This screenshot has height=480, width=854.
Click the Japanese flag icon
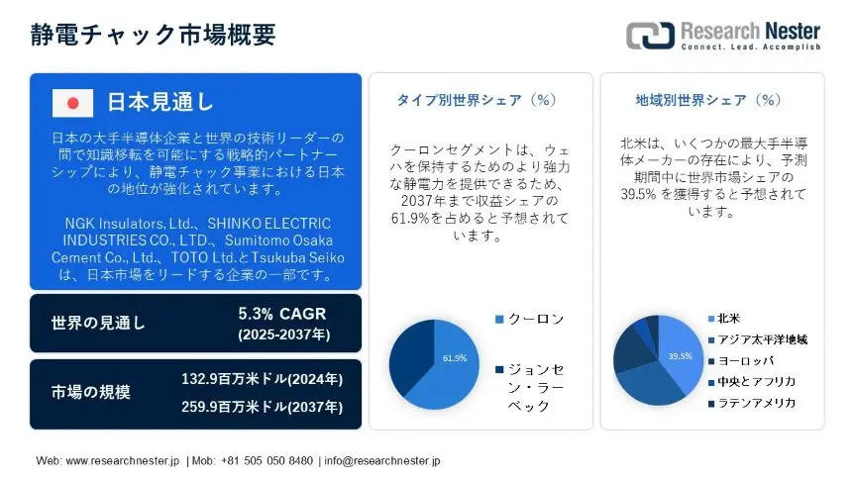pyautogui.click(x=72, y=103)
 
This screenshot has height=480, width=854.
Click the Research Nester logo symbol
pyautogui.click(x=650, y=36)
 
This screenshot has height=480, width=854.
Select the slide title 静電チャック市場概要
pyautogui.click(x=153, y=35)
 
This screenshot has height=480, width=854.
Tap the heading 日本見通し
pyautogui.click(x=160, y=102)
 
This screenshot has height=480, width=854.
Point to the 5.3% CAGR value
pyautogui.click(x=282, y=314)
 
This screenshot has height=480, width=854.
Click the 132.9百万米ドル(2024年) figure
pyautogui.click(x=262, y=379)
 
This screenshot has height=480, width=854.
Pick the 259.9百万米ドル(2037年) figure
pyautogui.click(x=262, y=407)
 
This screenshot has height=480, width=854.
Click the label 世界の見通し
pyautogui.click(x=98, y=323)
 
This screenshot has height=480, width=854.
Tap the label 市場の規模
pyautogui.click(x=91, y=392)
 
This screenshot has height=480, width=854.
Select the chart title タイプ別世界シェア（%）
pyautogui.click(x=477, y=100)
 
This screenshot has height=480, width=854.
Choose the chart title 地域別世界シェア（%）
pyautogui.click(x=708, y=100)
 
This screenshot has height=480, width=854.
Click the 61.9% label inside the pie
pyautogui.click(x=455, y=358)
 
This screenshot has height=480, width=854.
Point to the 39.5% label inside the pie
pyautogui.click(x=681, y=356)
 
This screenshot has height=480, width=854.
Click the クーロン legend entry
pyautogui.click(x=530, y=319)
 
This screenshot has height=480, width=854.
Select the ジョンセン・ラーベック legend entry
pyautogui.click(x=530, y=388)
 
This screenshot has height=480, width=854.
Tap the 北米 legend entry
pyautogui.click(x=724, y=319)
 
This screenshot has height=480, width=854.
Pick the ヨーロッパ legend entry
pyautogui.click(x=741, y=361)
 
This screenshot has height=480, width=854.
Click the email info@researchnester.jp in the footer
pyautogui.click(x=382, y=461)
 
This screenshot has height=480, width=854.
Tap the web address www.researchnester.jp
pyautogui.click(x=123, y=461)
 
